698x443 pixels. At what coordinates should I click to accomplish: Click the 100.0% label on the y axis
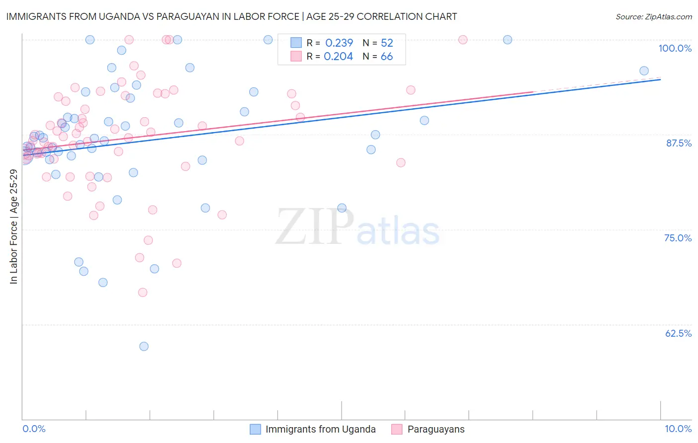675,48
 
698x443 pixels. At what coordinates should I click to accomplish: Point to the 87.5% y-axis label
679,143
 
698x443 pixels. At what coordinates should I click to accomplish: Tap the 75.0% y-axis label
678,238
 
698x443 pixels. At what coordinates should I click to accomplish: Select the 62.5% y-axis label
678,333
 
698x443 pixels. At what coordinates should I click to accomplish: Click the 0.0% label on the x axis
34,429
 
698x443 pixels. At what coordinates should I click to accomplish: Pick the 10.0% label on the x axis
678,429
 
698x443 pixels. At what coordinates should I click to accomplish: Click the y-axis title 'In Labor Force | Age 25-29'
13,226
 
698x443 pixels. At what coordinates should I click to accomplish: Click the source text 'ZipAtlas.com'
668,16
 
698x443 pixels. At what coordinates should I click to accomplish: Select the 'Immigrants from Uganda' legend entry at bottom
320,429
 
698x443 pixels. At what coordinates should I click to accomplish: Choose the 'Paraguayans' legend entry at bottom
435,429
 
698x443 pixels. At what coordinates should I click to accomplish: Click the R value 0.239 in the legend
339,43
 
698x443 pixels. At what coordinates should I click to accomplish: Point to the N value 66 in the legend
387,57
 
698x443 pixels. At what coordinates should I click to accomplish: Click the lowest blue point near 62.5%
144,346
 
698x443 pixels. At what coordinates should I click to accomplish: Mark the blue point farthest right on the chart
644,71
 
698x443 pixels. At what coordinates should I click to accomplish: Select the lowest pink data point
142,292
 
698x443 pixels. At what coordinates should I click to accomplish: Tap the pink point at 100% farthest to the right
463,40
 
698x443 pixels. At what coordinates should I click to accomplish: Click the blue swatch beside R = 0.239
296,43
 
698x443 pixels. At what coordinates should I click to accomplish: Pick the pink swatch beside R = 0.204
296,57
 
